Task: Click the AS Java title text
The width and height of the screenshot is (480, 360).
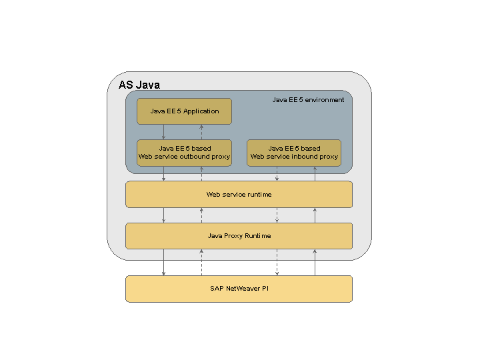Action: click(x=139, y=85)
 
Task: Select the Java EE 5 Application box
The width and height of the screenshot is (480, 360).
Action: click(x=184, y=111)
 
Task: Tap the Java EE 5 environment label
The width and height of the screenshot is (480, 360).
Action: click(x=308, y=100)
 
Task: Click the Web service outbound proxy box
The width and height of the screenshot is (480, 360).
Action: click(x=184, y=153)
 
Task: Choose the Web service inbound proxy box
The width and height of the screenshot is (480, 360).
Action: click(x=294, y=153)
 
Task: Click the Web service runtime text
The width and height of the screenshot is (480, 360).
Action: click(x=239, y=195)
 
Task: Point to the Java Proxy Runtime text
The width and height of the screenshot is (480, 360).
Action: click(x=239, y=236)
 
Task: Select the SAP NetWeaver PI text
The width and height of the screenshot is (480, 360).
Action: click(x=239, y=289)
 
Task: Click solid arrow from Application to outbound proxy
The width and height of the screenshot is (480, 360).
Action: click(x=164, y=132)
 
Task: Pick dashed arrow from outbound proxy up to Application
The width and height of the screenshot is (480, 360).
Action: click(x=201, y=132)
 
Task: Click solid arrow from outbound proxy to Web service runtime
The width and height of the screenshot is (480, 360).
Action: click(x=164, y=173)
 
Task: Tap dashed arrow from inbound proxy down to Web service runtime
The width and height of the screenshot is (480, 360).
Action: click(x=277, y=173)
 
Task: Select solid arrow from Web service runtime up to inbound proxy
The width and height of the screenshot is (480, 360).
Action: click(x=315, y=173)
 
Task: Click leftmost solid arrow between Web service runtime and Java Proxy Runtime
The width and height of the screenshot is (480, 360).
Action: click(x=164, y=215)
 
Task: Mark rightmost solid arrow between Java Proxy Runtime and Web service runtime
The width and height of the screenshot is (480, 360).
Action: click(x=315, y=215)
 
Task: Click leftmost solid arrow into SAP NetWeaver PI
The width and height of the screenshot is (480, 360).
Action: click(x=164, y=263)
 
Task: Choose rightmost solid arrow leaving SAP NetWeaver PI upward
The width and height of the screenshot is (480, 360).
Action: click(x=315, y=263)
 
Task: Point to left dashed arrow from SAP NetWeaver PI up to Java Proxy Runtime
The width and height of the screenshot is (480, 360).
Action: click(x=201, y=263)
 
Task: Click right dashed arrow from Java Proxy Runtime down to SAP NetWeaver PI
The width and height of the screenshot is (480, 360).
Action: click(x=277, y=263)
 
